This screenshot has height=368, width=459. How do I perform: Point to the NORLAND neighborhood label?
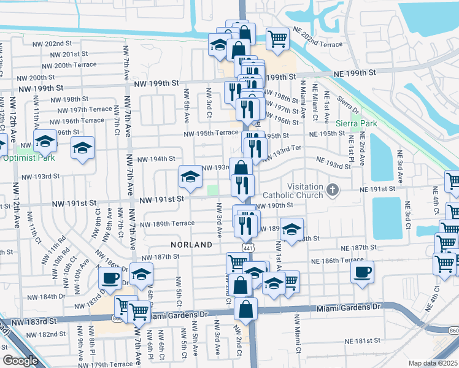click(192, 244)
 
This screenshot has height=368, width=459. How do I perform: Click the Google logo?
click(21, 361)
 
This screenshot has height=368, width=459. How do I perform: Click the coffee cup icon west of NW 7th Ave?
click(110, 278)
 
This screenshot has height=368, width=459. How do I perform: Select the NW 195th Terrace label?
click(212, 133)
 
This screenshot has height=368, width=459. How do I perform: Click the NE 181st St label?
click(363, 340)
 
